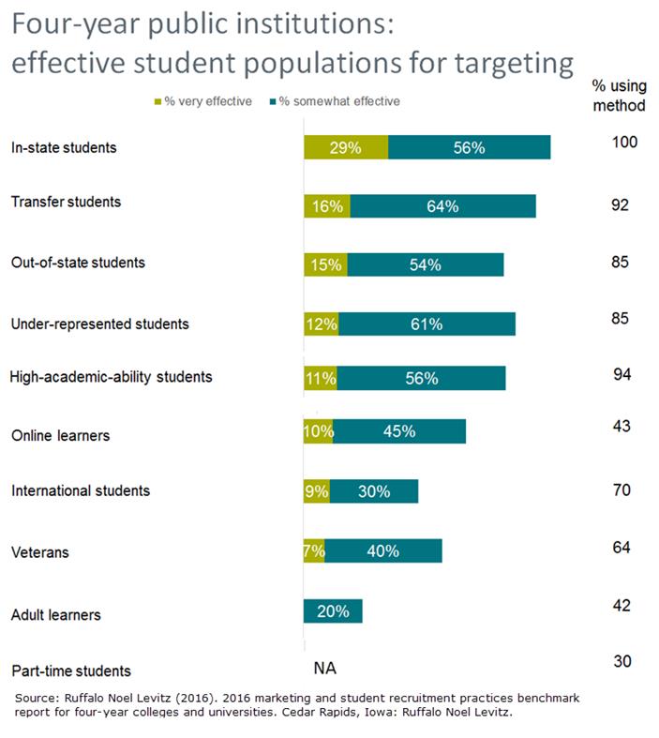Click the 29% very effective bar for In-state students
[345, 148]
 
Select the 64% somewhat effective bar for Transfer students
[442, 206]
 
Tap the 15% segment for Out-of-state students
[325, 264]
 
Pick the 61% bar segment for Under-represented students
[427, 324]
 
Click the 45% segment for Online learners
[399, 432]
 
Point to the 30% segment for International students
[373, 490]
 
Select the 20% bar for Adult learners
[332, 611]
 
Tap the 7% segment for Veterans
[314, 550]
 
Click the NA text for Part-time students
[323, 668]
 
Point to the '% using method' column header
[620, 96]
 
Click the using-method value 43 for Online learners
[620, 426]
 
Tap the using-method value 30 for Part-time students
[622, 661]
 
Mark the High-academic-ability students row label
[111, 378]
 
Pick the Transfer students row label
[65, 202]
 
